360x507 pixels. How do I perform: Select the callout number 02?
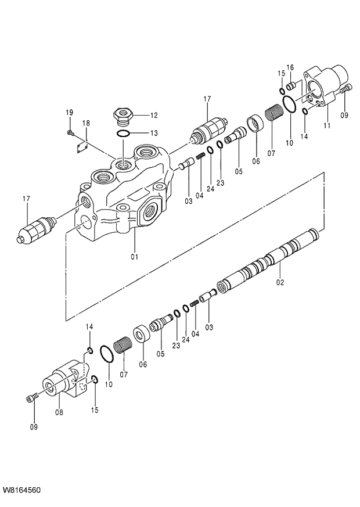tap(280, 283)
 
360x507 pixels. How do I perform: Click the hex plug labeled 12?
tap(123, 114)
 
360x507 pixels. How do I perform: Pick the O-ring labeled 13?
tap(123, 134)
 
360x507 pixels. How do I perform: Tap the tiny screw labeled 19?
tap(70, 133)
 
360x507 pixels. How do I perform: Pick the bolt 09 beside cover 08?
tap(31, 398)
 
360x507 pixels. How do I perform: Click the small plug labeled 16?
tap(292, 87)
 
